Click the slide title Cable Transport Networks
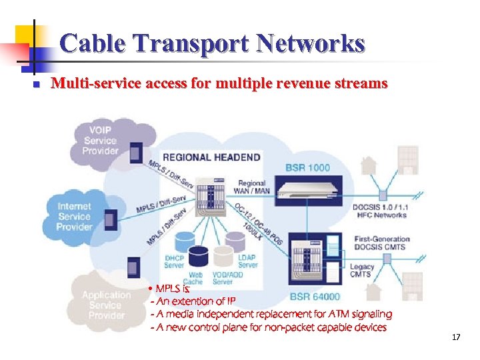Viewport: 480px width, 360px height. [212, 44]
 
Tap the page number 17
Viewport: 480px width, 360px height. [456, 338]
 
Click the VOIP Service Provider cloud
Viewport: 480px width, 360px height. [100, 141]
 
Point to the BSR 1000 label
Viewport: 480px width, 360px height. [307, 167]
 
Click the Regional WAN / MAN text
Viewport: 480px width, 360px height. [251, 187]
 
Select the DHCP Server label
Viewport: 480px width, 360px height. [174, 261]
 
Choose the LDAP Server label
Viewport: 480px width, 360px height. [247, 261]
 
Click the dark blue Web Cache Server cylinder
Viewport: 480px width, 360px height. [198, 257]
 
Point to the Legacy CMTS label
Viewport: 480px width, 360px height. [362, 271]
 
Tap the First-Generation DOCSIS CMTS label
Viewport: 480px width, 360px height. [379, 243]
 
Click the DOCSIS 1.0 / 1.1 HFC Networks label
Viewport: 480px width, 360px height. [380, 211]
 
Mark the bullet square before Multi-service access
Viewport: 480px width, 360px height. [37, 85]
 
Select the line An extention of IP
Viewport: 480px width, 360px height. [193, 301]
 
